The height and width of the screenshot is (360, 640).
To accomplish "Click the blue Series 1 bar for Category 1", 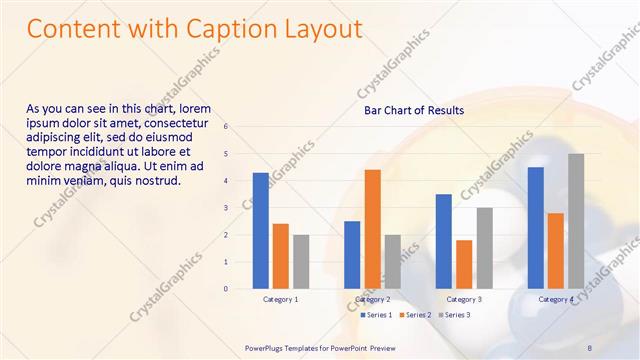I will pyautogui.click(x=260, y=231).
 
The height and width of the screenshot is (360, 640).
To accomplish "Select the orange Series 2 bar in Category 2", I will pyautogui.click(x=372, y=229).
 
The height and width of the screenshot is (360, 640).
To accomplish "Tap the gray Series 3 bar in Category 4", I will pyautogui.click(x=576, y=221).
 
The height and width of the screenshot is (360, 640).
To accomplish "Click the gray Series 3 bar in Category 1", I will pyautogui.click(x=301, y=262).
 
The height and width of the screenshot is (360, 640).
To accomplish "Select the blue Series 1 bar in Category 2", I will pyautogui.click(x=352, y=255).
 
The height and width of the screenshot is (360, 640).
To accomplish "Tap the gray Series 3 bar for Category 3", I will pyautogui.click(x=484, y=248).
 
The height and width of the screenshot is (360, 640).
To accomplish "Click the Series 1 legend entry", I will pyautogui.click(x=376, y=315).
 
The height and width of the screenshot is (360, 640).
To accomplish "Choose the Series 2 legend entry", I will pyautogui.click(x=416, y=315).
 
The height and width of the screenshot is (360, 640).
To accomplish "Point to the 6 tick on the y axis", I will pyautogui.click(x=226, y=127).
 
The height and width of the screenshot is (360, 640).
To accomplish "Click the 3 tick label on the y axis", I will pyautogui.click(x=226, y=208).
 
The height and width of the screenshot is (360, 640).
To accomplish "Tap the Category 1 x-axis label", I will pyautogui.click(x=280, y=299).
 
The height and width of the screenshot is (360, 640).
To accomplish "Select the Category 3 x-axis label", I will pyautogui.click(x=464, y=299).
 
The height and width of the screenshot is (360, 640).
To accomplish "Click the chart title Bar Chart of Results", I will pyautogui.click(x=413, y=110).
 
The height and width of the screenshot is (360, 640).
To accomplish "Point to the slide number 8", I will pyautogui.click(x=590, y=347).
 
